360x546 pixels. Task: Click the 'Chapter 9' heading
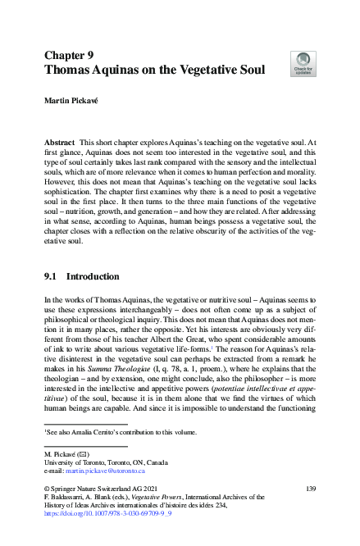(x=68, y=56)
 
